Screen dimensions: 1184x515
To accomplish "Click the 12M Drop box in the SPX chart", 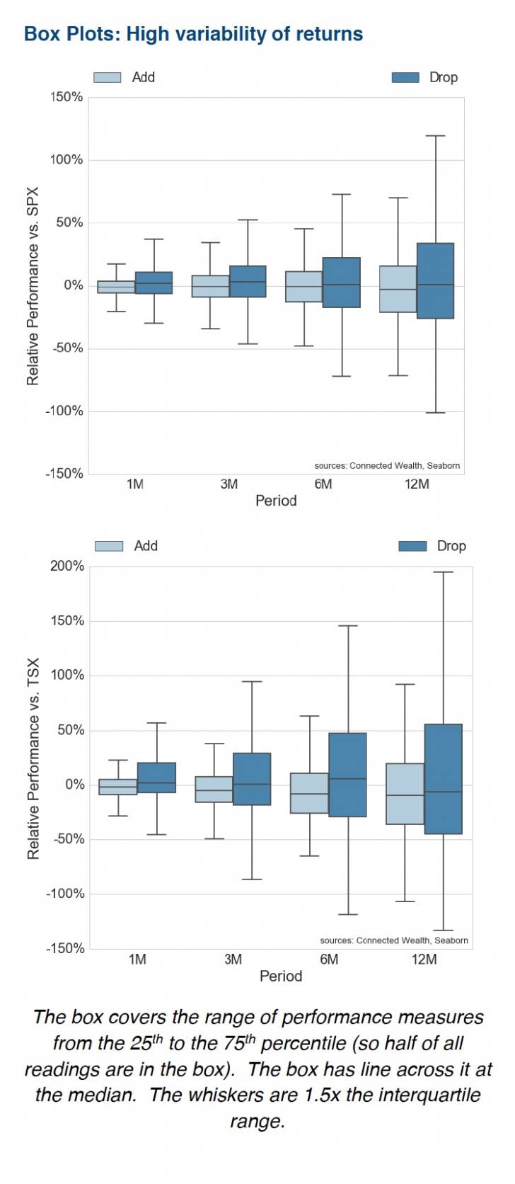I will [x=435, y=280].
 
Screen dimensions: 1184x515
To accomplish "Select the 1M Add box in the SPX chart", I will [x=116, y=287].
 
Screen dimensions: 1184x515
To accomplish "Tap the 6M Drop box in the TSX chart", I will [x=348, y=775].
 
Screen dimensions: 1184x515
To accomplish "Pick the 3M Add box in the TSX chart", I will [x=214, y=789].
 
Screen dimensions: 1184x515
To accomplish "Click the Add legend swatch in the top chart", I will [x=108, y=77].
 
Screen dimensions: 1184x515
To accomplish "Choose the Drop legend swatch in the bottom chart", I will [x=412, y=546].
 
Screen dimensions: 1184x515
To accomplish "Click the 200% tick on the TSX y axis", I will [x=67, y=567].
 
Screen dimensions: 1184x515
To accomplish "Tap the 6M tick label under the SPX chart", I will [x=323, y=484].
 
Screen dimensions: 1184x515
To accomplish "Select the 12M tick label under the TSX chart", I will [x=424, y=960].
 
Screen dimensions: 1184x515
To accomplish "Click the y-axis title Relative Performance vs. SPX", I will [x=33, y=286].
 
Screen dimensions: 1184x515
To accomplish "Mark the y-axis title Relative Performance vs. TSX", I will [x=33, y=758].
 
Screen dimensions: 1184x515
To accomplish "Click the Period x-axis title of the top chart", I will [x=276, y=501].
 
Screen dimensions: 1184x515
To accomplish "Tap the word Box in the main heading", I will [x=42, y=34].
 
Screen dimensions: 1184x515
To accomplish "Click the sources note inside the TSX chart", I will [x=394, y=940].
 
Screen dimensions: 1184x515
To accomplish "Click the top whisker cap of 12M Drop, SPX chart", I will [x=435, y=136].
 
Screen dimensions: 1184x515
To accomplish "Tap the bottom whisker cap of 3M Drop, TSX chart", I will [x=252, y=880].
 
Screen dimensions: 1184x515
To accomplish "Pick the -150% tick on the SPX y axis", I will [x=64, y=474].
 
